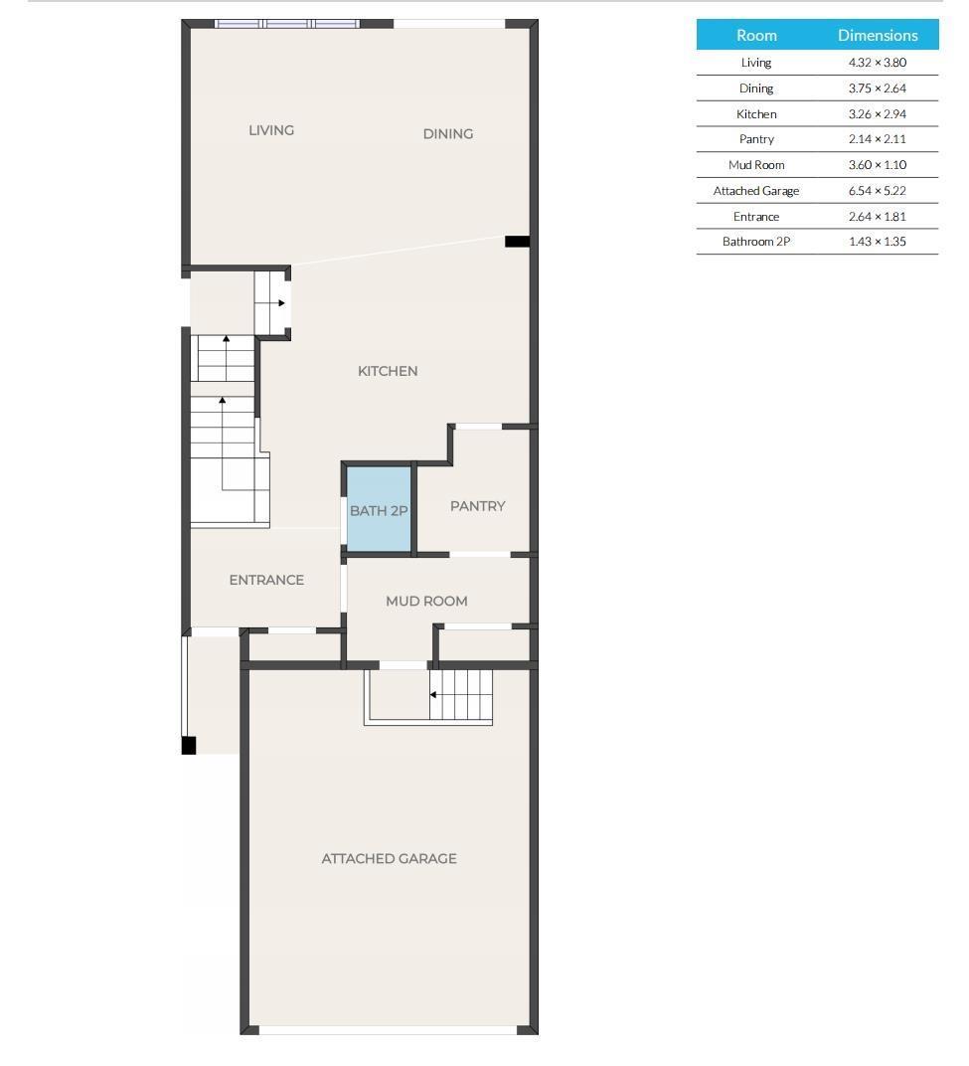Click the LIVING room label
270,130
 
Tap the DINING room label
447,134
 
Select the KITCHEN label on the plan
388,371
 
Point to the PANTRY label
477,506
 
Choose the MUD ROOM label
426,601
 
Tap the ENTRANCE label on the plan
266,580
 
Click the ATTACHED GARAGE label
389,858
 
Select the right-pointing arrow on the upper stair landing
281,302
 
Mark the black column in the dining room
517,242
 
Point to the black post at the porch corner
189,745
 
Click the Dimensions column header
877,35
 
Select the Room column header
756,35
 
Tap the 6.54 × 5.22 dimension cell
877,191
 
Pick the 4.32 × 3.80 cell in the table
877,63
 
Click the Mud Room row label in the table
756,165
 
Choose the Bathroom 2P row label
756,242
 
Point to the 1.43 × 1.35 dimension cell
877,242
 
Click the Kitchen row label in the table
756,114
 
